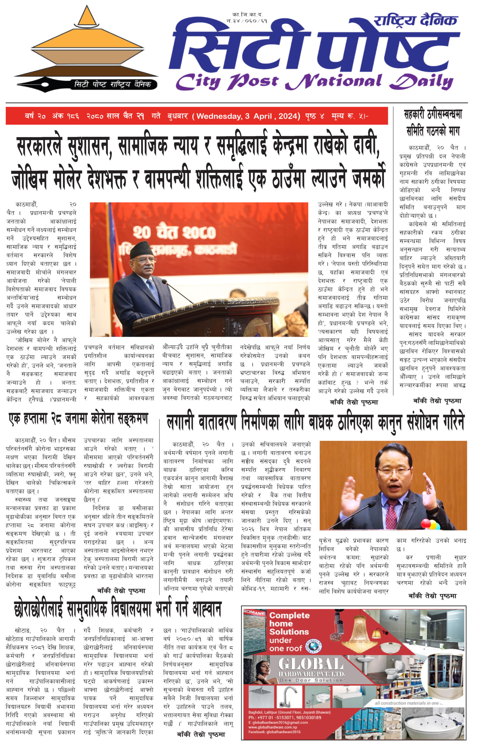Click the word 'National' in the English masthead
[334, 81]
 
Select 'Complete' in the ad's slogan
[289, 615]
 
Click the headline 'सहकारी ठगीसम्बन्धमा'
[433, 115]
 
